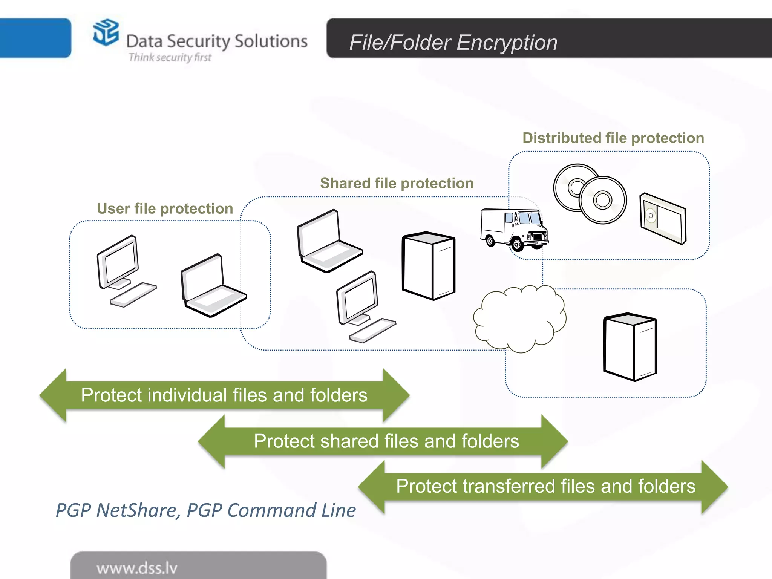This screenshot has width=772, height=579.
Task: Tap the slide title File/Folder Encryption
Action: tap(453, 42)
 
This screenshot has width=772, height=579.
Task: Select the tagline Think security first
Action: tap(170, 57)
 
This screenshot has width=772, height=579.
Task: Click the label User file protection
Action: tap(165, 208)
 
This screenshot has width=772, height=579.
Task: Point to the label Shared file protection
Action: tap(397, 183)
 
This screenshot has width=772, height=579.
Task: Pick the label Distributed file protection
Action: tap(613, 138)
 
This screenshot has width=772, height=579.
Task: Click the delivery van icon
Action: tap(513, 230)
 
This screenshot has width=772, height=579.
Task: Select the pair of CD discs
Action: tap(590, 194)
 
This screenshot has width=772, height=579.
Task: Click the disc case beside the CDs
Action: tap(663, 218)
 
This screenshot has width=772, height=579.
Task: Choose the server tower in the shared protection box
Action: tap(428, 266)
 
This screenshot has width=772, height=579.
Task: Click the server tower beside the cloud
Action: tap(630, 347)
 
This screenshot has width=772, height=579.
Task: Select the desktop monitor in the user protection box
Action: tap(118, 262)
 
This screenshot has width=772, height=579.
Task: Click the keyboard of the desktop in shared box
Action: tap(372, 331)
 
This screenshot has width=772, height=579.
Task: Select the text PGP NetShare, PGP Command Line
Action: tap(205, 510)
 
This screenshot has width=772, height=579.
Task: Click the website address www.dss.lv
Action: tap(137, 568)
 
